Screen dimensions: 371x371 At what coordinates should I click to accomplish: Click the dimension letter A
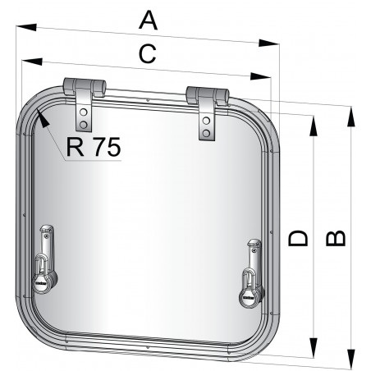147,18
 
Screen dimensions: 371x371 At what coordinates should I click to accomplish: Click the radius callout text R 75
92,147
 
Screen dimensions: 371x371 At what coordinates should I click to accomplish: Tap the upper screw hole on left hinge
83,111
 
